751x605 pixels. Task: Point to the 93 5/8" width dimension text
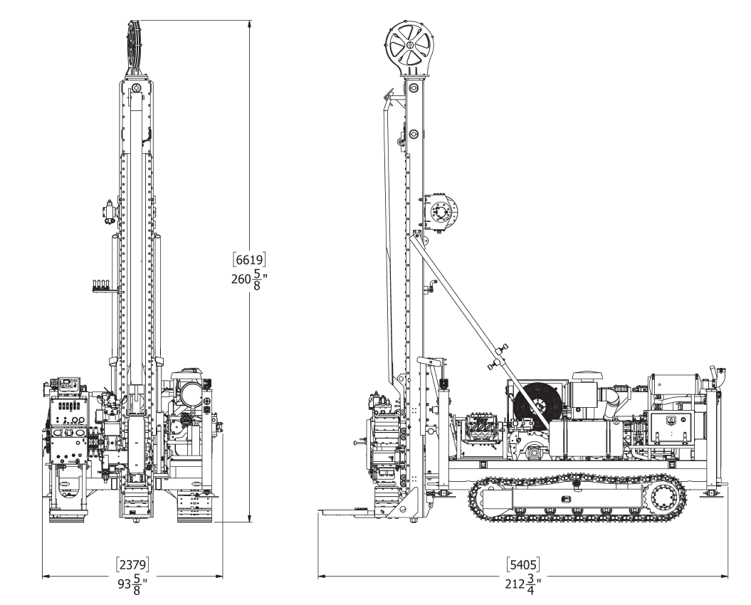[132, 584]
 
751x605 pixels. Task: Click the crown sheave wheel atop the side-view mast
[411, 46]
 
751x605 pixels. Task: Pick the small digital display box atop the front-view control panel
[68, 384]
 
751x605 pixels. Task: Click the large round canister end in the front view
[190, 392]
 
